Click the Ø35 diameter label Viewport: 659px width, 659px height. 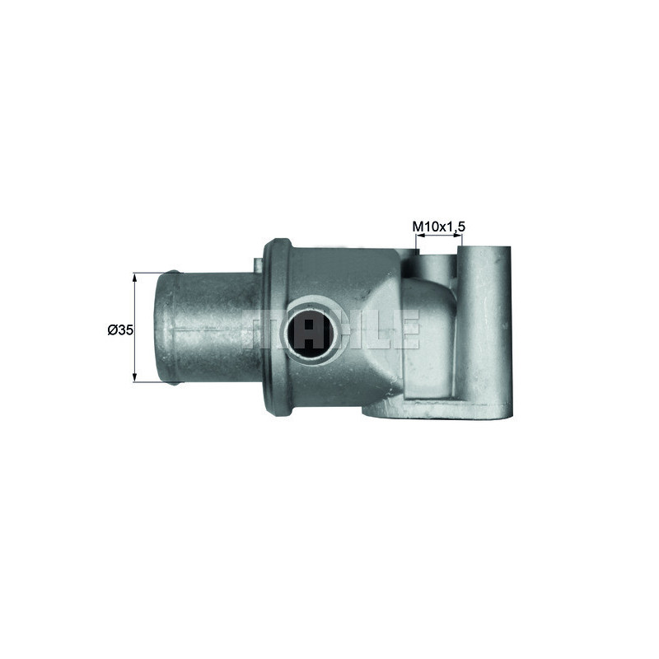click(119, 329)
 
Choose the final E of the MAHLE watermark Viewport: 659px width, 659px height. click(409, 329)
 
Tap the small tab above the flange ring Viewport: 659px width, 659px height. click(258, 261)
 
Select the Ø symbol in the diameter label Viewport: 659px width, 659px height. click(112, 329)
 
